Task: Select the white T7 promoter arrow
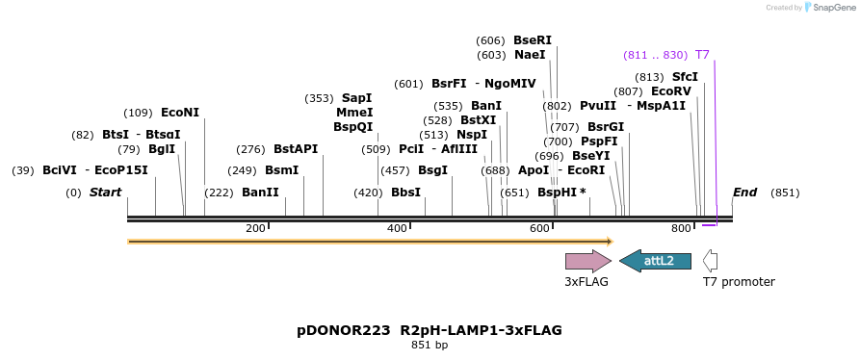(710, 260)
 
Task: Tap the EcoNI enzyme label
(180, 113)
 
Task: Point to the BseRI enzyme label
(533, 40)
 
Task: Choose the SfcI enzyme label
(685, 77)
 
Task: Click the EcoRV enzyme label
(671, 91)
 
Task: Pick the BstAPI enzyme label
(296, 149)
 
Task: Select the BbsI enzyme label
(405, 193)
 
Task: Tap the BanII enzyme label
(260, 193)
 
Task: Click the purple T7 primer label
(702, 55)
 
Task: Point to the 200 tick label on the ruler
(255, 228)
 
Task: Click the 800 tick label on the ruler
(681, 228)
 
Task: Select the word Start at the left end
(105, 193)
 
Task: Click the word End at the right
(744, 193)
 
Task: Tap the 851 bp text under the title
(430, 345)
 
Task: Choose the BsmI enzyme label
(282, 170)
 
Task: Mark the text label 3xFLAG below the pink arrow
(586, 282)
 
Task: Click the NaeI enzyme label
(530, 55)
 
